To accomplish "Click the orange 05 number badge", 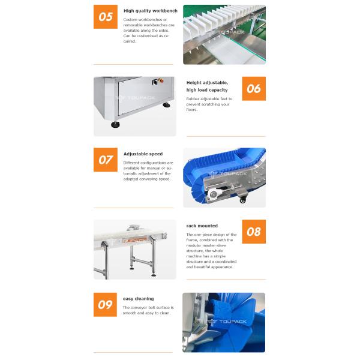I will [105, 17].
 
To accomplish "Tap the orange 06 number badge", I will [254, 88].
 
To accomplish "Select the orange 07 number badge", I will [105, 160].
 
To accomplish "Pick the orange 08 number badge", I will [254, 232].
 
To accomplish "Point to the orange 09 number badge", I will [105, 304].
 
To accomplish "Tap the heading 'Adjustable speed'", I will [143, 154].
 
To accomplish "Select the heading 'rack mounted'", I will [202, 226].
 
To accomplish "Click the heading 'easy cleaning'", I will [139, 299].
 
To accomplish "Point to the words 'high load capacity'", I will [207, 90].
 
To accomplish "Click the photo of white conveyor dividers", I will [224, 34].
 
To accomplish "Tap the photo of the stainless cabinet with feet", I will [134, 106].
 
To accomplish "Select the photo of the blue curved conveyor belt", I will [224, 178].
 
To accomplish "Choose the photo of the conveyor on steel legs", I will [134, 249].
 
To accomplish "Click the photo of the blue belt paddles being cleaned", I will [224, 322].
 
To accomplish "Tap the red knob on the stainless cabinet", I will [161, 80].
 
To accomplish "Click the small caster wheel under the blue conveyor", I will [242, 200].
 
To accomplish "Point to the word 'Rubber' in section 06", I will [193, 98].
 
